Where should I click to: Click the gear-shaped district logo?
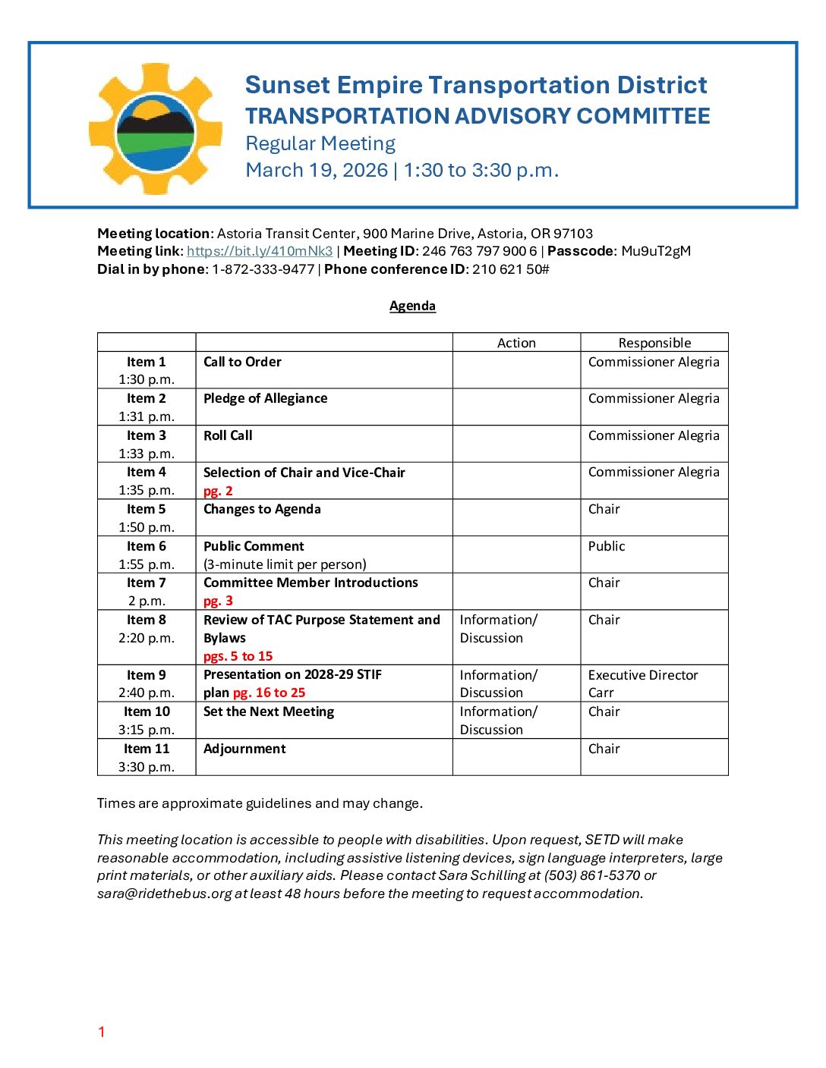(156, 129)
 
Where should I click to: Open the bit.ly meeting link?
(260, 251)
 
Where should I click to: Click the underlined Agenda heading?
(412, 306)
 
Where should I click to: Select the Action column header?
(516, 343)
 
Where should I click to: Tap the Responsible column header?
(654, 343)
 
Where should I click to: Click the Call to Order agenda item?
(242, 362)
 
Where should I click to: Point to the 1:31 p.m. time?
(147, 416)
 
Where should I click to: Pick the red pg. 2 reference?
(218, 491)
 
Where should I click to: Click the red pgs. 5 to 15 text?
(238, 656)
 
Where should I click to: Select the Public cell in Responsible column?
(607, 546)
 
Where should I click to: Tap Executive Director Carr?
(642, 683)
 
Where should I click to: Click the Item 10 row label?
(147, 711)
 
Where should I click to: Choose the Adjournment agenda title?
(244, 749)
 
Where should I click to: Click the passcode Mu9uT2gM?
(656, 251)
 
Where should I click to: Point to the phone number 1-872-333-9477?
(263, 269)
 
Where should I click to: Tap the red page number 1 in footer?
(101, 1032)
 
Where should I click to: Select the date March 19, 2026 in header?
(317, 170)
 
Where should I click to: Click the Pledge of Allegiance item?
(265, 398)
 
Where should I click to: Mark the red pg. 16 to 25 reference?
(269, 693)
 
